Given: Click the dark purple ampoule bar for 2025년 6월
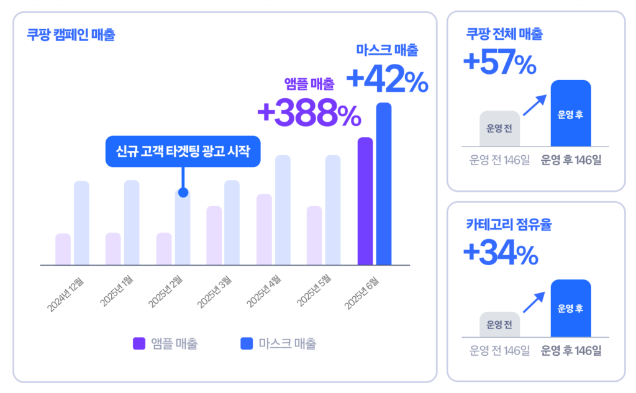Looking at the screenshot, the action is tap(365, 201).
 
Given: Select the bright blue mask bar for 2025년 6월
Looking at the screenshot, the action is tap(384, 184).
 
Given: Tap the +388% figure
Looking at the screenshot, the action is tap(309, 113).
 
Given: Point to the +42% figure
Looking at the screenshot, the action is tap(388, 79).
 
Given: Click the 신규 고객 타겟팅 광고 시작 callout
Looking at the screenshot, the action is tap(183, 151).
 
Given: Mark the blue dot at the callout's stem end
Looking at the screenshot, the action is tap(183, 192).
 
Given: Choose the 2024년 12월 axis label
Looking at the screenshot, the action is tap(65, 294).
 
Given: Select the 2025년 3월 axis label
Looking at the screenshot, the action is tap(214, 292).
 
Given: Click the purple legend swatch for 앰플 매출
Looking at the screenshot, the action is tap(139, 343).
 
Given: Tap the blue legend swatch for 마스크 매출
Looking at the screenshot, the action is tap(247, 343).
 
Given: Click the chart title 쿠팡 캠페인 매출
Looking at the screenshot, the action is tap(71, 35).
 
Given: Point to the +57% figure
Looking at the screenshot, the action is tap(500, 62).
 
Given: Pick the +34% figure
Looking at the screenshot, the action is tap(501, 253).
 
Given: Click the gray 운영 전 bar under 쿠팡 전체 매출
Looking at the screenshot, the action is tap(499, 129).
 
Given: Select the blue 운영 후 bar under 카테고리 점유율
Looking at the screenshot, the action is tap(571, 308).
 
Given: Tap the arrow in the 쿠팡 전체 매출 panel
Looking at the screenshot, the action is tap(535, 106).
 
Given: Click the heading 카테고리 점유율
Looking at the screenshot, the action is tap(509, 224).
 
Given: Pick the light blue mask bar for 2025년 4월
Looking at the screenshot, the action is tap(283, 210).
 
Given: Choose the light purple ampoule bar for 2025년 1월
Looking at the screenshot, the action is tap(113, 249).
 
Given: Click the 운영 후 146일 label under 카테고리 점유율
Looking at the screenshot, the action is tap(571, 351).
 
